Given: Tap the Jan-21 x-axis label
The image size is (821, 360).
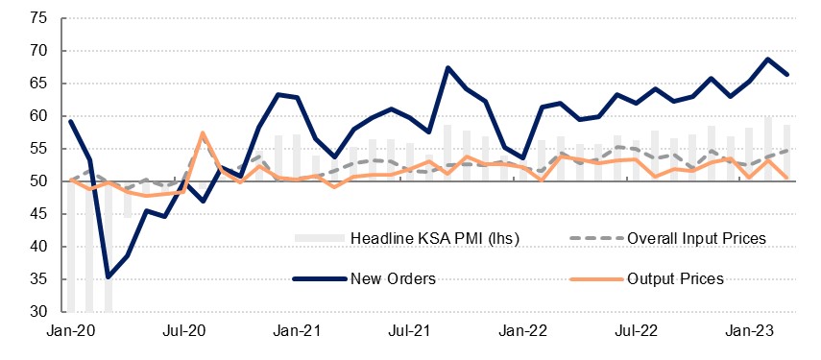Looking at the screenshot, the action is click(297, 331).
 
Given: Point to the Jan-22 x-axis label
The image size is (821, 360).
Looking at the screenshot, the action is click(522, 331).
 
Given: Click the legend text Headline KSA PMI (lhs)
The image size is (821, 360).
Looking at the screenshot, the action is click(435, 239).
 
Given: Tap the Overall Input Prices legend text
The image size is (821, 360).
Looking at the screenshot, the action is click(696, 239).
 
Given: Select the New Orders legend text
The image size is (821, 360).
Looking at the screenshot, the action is click(393, 279).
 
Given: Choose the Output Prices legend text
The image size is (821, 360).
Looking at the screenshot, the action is click(675, 279).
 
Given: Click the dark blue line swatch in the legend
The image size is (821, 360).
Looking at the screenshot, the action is click(319, 279).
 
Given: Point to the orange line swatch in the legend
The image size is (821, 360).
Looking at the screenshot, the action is click(595, 279).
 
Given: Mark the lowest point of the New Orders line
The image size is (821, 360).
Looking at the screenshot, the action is click(108, 277).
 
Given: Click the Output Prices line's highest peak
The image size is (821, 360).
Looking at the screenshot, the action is click(203, 132).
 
